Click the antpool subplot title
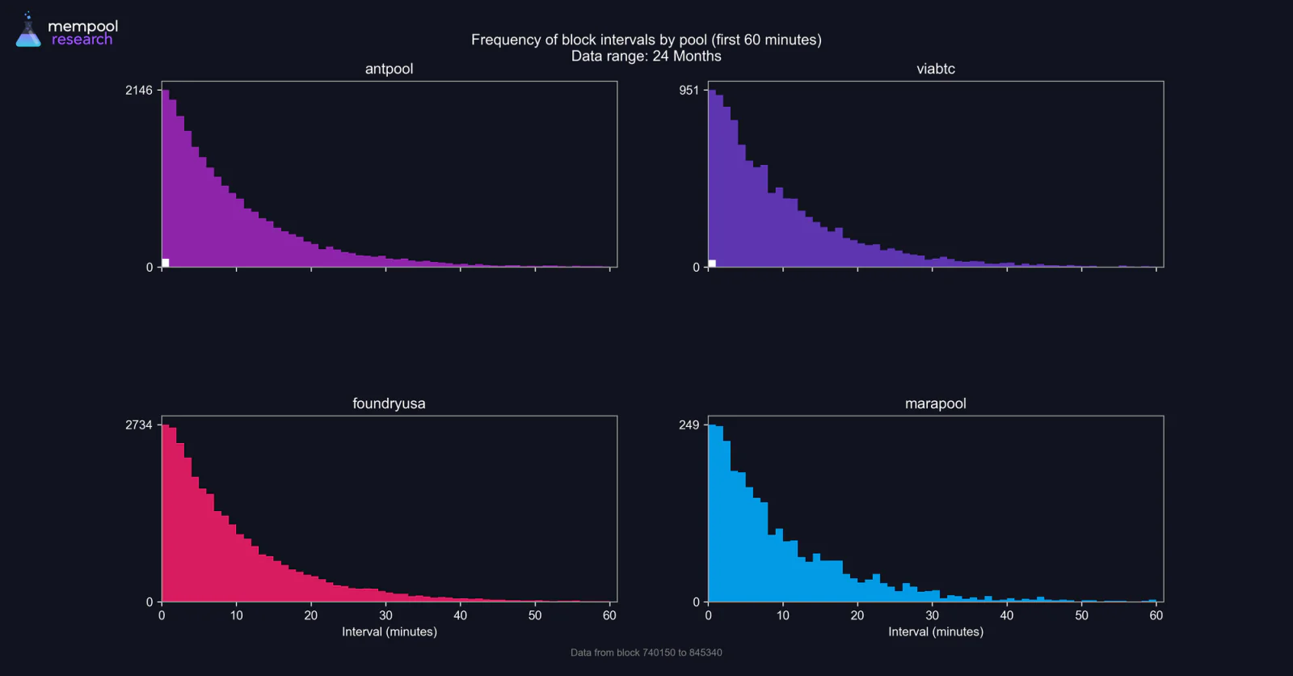pyautogui.click(x=389, y=69)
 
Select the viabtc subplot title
pyautogui.click(x=936, y=69)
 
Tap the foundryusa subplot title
pyautogui.click(x=389, y=403)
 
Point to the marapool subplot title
pyautogui.click(x=936, y=403)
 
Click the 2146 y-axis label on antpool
pyautogui.click(x=139, y=90)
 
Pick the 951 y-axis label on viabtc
pyautogui.click(x=689, y=90)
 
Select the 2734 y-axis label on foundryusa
pyautogui.click(x=139, y=425)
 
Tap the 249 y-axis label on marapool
pyautogui.click(x=689, y=425)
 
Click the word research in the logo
pyautogui.click(x=82, y=40)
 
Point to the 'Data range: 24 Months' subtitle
pyautogui.click(x=646, y=56)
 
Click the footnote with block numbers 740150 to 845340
pyautogui.click(x=646, y=653)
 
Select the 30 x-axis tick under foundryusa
pyautogui.click(x=385, y=615)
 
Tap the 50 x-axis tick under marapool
pyautogui.click(x=1082, y=615)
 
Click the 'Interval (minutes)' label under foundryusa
pyautogui.click(x=389, y=632)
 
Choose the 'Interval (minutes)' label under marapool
pyautogui.click(x=936, y=632)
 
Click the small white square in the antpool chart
pyautogui.click(x=166, y=263)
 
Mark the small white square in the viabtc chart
pyautogui.click(x=712, y=264)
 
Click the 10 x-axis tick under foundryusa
pyautogui.click(x=237, y=615)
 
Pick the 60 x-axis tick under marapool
pyautogui.click(x=1156, y=615)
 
